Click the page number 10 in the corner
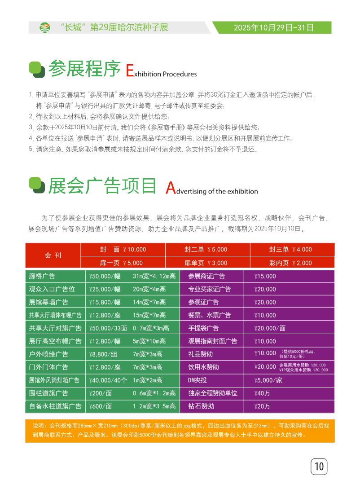coord(319,467)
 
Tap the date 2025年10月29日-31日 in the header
coord(274,28)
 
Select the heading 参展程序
coord(84,69)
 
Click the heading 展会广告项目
coord(102,186)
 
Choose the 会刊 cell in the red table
coord(53,256)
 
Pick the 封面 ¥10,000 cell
coord(123,249)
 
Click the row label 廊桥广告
coord(42,277)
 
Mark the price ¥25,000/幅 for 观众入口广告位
coord(105,290)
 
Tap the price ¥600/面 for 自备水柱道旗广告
coord(101,406)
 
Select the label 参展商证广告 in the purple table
coord(206,277)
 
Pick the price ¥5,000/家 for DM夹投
coord(268,380)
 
